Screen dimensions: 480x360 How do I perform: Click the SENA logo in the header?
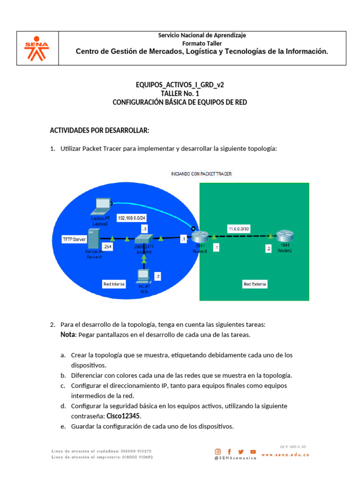pyautogui.click(x=37, y=48)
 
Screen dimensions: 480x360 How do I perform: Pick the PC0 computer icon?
pyautogui.click(x=142, y=277)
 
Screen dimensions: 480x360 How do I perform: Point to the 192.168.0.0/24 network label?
pyautogui.click(x=132, y=218)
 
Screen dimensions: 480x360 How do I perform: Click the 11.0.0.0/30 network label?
pyautogui.click(x=238, y=229)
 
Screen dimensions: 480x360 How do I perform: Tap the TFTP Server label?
pyautogui.click(x=75, y=239)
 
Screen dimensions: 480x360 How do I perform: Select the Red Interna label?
pyautogui.click(x=114, y=284)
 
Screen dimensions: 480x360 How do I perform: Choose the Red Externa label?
pyautogui.click(x=255, y=284)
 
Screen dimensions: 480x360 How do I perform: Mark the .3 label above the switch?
pyautogui.click(x=144, y=229)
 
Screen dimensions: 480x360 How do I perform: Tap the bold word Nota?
pyautogui.click(x=67, y=335)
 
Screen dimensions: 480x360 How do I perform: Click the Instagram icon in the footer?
pyautogui.click(x=217, y=451)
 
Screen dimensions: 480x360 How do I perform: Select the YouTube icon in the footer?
pyautogui.click(x=253, y=451)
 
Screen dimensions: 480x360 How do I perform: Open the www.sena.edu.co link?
pyautogui.click(x=285, y=455)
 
